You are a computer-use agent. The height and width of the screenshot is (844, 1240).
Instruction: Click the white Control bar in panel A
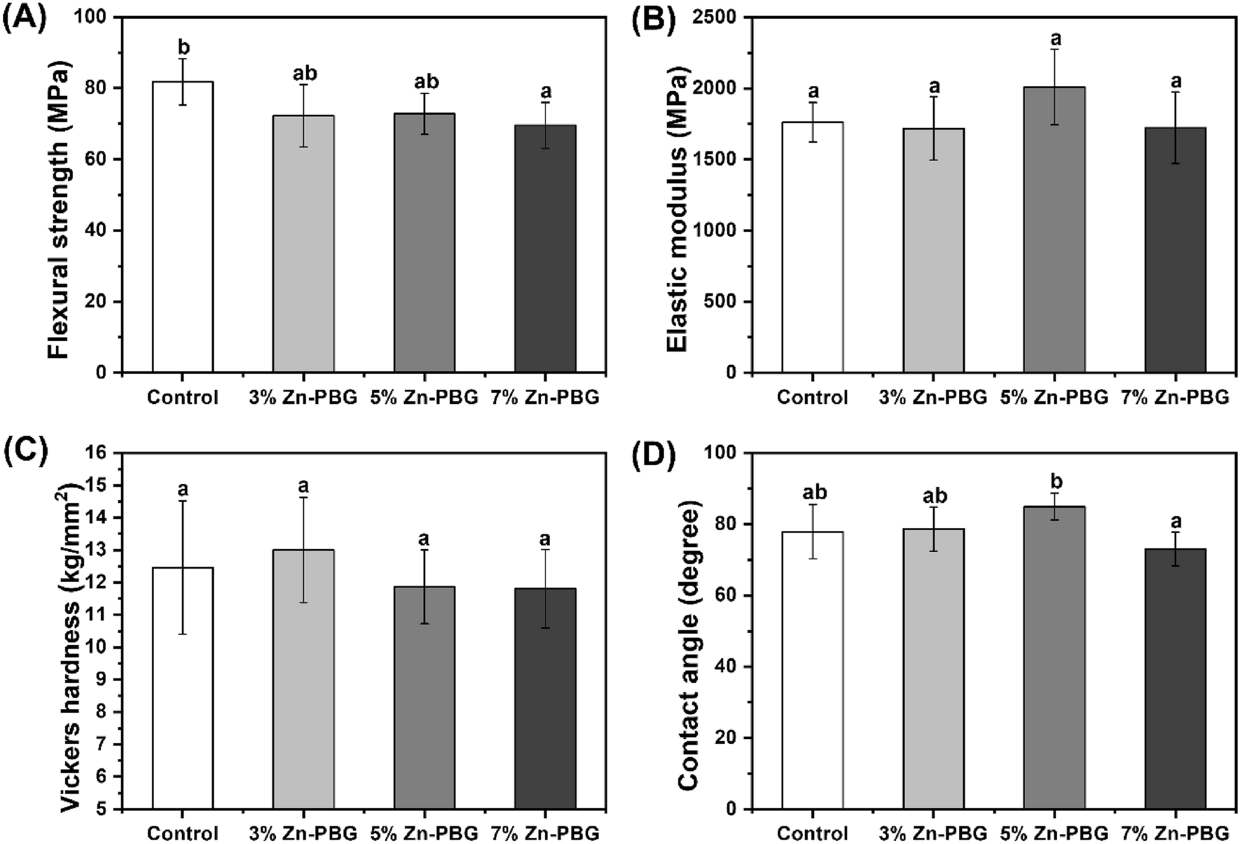(x=182, y=231)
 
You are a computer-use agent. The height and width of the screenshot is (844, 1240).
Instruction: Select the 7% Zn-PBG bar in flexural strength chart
(x=545, y=252)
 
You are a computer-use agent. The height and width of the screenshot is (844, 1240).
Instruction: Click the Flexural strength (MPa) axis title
(x=60, y=210)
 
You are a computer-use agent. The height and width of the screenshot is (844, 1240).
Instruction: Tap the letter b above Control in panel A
(x=184, y=48)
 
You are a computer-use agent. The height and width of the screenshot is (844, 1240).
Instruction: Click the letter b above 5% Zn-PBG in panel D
(x=1056, y=483)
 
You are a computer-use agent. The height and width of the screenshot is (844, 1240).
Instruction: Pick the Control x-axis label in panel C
(x=182, y=833)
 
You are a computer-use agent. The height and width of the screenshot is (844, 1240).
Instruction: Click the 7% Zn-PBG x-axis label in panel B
(x=1175, y=398)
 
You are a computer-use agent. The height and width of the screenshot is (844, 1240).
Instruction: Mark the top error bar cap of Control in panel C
(x=182, y=501)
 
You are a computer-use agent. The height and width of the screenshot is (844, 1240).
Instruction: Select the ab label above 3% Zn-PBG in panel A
(x=304, y=74)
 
